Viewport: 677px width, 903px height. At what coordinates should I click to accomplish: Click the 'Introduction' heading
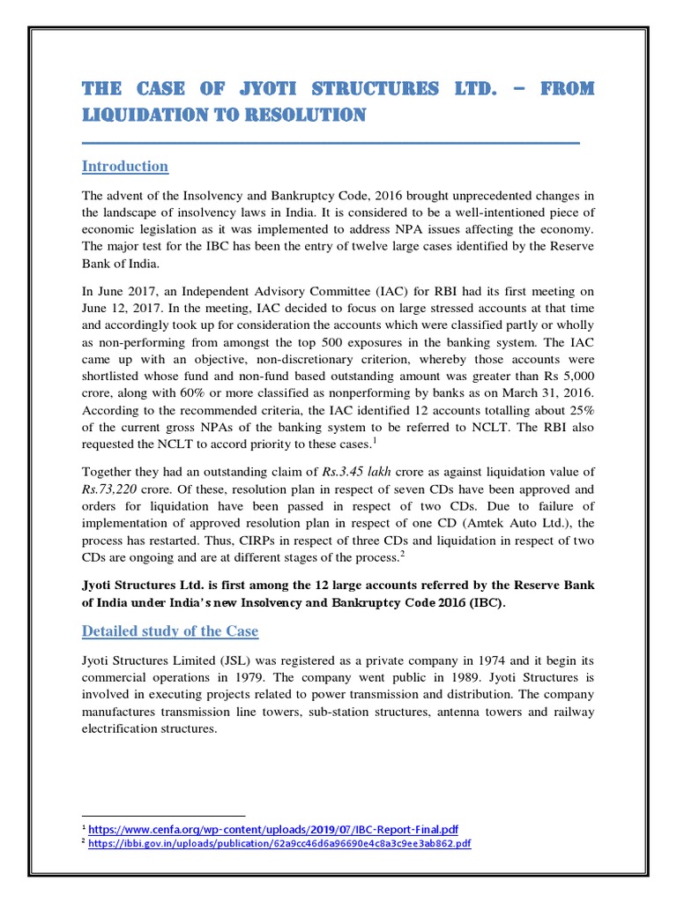[124, 167]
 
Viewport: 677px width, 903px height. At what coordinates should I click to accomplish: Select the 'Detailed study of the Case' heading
[169, 631]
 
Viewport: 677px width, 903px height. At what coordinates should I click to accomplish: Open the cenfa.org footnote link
[272, 829]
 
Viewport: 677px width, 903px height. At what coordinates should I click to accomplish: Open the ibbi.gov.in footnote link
[279, 843]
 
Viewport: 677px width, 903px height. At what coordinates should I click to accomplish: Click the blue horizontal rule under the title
[331, 141]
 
